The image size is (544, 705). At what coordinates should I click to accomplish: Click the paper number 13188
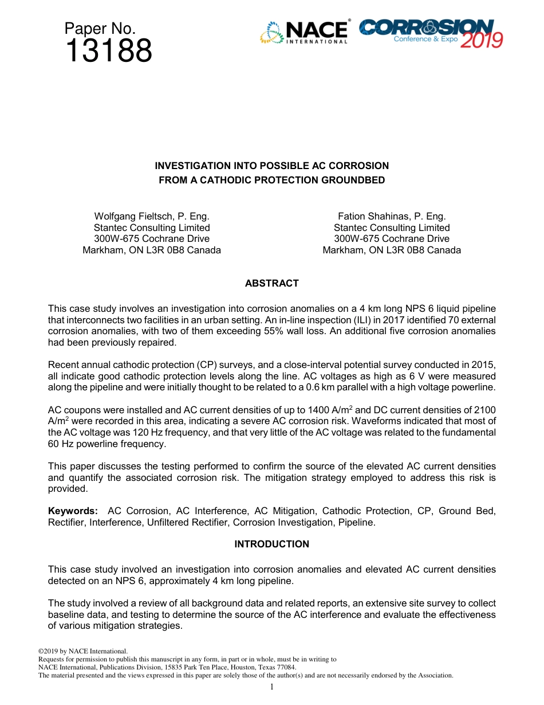pos(109,52)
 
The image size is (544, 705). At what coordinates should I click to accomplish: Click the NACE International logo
pos(304,32)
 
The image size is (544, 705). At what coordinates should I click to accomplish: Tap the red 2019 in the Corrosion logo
pos(482,40)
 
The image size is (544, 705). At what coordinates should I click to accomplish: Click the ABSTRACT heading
pos(271,283)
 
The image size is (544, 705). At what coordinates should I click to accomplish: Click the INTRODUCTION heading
pos(271,544)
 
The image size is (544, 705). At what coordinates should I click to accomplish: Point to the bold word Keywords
pos(73,511)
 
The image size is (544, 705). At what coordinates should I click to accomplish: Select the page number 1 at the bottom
pos(272,687)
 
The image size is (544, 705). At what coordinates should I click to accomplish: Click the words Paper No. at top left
pos(100,29)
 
